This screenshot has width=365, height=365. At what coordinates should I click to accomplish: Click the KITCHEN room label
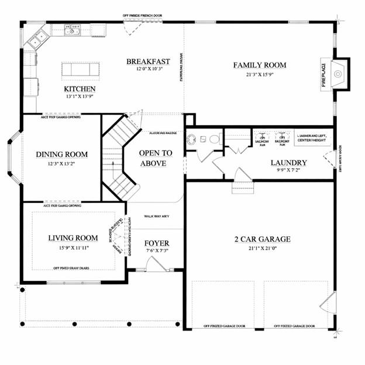[x=80, y=89]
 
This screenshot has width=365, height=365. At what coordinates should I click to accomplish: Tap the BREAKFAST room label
[x=149, y=61]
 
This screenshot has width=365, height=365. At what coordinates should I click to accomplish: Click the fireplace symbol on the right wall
[x=338, y=74]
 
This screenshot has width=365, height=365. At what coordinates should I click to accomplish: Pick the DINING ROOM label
[x=61, y=154]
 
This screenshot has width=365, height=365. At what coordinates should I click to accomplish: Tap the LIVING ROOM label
[x=73, y=237]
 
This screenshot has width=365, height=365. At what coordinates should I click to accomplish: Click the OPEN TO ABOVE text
[x=156, y=158]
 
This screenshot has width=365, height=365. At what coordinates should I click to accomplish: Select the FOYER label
[x=157, y=243]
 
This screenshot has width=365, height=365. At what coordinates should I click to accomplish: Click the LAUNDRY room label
[x=288, y=163]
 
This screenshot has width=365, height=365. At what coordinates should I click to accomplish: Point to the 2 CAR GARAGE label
[x=262, y=239]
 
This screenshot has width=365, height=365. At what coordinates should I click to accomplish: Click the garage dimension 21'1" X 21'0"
[x=262, y=249]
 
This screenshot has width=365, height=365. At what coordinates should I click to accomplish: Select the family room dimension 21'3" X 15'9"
[x=259, y=75]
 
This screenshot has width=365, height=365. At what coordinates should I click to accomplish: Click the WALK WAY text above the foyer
[x=156, y=216]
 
